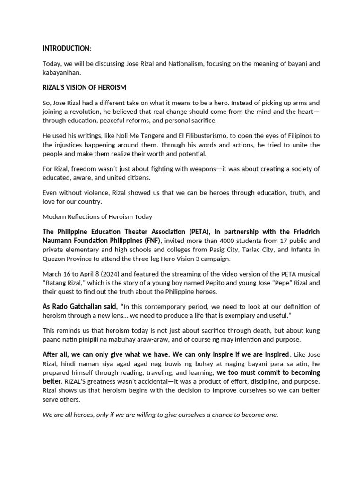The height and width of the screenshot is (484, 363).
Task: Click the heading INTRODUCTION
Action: (x=66, y=49)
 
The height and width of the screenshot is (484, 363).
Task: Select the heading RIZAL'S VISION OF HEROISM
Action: (x=84, y=87)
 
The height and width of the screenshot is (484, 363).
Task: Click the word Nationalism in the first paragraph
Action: (x=187, y=64)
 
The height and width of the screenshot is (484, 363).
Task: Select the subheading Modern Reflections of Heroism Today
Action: (x=97, y=217)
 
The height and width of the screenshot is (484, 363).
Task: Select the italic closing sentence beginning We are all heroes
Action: (x=161, y=415)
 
